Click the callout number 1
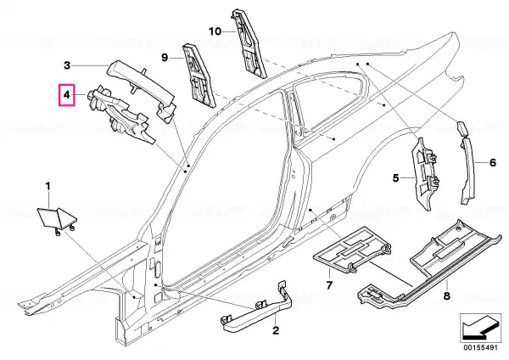48,187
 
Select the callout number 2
275,330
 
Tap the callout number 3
67,65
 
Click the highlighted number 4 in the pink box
66,95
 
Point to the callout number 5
395,178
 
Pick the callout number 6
493,162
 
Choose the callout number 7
329,285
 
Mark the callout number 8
447,296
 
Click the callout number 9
165,58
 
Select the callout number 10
215,31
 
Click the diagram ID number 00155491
480,347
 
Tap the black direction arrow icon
480,329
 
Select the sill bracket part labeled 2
256,308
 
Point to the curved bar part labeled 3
142,86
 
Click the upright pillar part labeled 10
249,44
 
